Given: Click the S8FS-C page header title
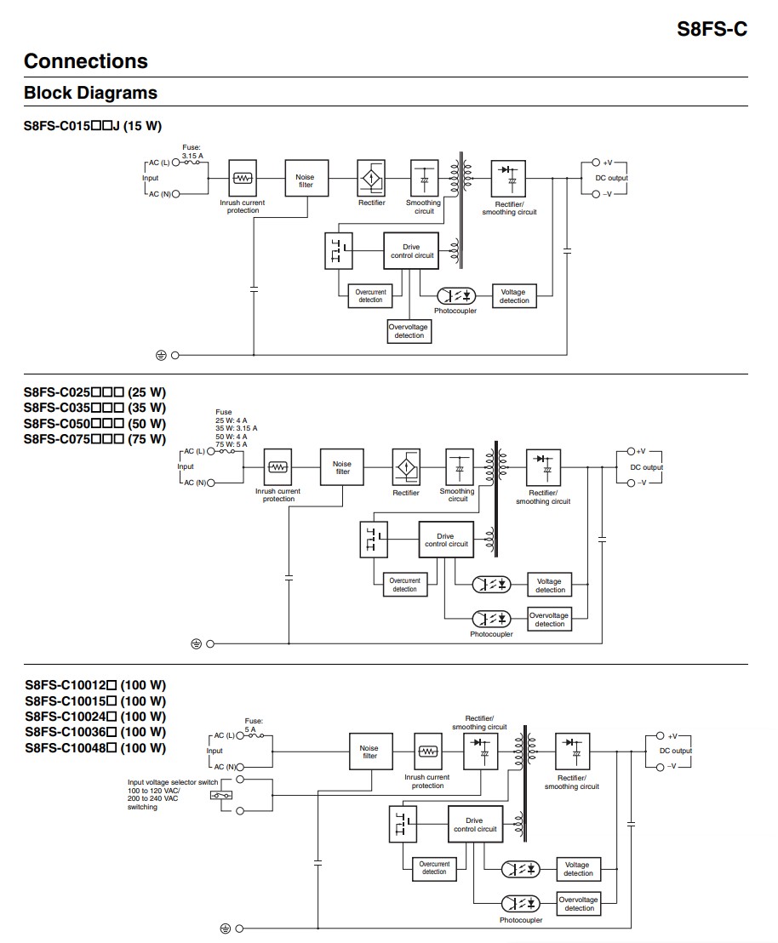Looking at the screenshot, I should (712, 28).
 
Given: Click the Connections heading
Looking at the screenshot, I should (86, 61).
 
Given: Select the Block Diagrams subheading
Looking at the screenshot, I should (90, 93).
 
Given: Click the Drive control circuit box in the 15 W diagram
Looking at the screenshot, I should (411, 251).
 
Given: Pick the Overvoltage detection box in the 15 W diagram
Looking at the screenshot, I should (409, 331).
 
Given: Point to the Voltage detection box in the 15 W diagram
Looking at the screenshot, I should (513, 296).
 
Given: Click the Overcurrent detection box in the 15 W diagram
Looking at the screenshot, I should (370, 296).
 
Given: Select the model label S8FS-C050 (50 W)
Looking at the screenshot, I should (94, 424).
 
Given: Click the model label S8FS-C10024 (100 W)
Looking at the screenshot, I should (95, 717).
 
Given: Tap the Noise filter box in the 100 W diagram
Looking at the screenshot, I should (369, 752).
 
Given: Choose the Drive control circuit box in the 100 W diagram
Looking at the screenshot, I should (474, 825).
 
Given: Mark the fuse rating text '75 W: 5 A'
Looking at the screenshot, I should (231, 444).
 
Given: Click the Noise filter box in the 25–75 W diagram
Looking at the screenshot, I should (341, 467).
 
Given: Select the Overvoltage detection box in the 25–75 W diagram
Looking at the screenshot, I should (549, 620).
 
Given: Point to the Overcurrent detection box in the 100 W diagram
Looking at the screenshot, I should (433, 868).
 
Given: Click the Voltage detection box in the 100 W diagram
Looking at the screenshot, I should (578, 869).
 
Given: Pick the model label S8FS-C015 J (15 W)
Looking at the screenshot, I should (93, 126).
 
